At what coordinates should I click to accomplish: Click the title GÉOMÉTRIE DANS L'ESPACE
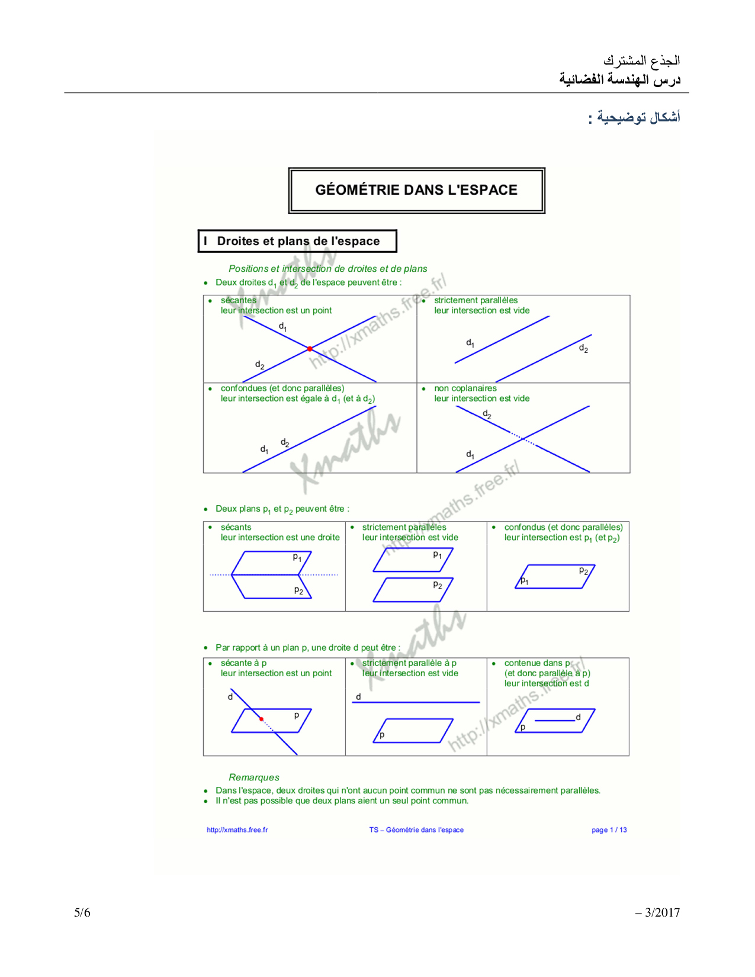416,190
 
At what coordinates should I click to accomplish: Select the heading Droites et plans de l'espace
298,241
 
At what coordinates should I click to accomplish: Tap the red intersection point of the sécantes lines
310,349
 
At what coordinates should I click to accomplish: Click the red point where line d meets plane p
261,719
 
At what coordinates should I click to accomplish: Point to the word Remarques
253,777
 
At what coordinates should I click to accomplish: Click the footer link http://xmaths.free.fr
237,830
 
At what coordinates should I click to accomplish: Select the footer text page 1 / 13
609,830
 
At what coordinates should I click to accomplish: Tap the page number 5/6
82,912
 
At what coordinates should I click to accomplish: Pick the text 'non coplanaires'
465,388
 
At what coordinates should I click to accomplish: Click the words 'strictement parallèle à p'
409,663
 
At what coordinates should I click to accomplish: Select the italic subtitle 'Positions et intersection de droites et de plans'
327,269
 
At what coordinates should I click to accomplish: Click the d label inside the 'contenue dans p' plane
578,717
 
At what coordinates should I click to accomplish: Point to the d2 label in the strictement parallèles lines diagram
583,349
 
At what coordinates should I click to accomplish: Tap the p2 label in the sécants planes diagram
298,590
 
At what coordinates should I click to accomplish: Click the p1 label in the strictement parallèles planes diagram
437,555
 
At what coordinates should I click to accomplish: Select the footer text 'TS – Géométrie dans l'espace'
416,830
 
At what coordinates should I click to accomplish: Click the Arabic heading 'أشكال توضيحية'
638,117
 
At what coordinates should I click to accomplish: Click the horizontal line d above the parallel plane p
416,702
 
